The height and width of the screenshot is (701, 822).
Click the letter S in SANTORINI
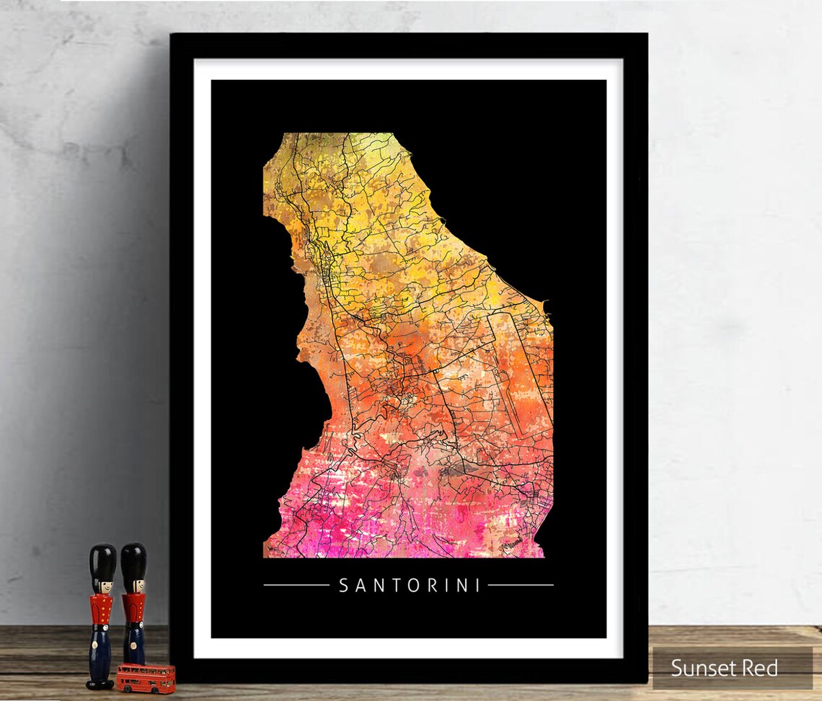[x=344, y=585]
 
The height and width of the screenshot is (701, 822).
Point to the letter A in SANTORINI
[x=360, y=585]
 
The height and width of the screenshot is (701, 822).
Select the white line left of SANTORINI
[x=296, y=585]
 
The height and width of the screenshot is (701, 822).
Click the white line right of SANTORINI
[x=521, y=585]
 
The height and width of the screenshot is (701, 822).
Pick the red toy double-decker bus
[x=146, y=677]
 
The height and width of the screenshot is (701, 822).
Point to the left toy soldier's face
[x=102, y=585]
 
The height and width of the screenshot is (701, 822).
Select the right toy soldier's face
[x=133, y=584]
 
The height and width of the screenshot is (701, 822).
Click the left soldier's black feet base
[x=100, y=682]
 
